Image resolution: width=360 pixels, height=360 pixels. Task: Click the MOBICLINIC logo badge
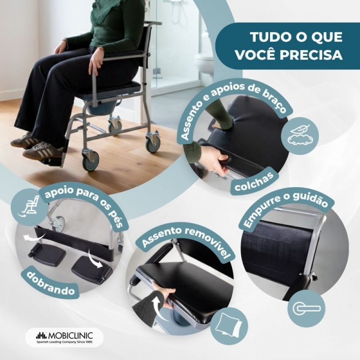64,337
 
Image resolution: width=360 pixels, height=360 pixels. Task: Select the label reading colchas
254,182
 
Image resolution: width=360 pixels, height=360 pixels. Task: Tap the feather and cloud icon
300,136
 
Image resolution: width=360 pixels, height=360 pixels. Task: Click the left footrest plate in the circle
47,252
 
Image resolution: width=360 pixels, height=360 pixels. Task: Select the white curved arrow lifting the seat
158,307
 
